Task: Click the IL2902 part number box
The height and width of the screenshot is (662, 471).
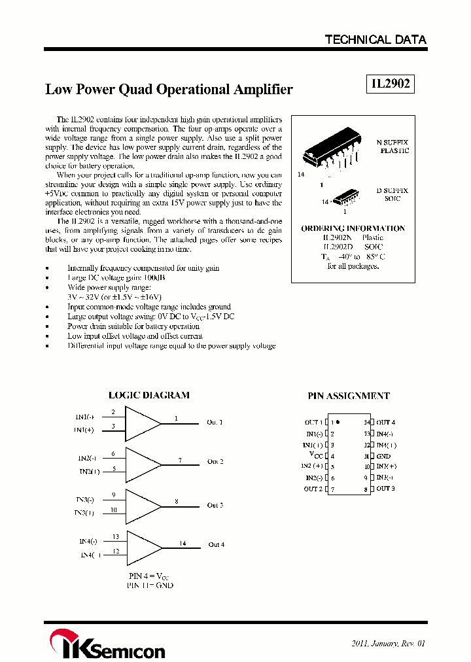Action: tap(389, 84)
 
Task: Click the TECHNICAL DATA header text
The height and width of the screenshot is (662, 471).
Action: tap(375, 40)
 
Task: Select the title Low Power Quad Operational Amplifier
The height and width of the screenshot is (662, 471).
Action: tap(169, 90)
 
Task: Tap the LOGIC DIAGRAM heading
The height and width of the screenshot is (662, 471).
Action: tap(148, 395)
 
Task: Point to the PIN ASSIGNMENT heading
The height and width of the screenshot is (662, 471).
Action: tap(348, 396)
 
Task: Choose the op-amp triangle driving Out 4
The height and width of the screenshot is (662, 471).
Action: tap(142, 545)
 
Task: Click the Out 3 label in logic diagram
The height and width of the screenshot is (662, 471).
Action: tap(215, 505)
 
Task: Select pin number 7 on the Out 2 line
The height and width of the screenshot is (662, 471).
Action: tap(180, 461)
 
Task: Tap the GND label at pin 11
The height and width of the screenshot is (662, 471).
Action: tap(383, 456)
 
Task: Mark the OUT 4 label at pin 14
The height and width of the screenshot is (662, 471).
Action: tap(385, 423)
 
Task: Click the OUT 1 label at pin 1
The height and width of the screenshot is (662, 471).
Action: tap(313, 423)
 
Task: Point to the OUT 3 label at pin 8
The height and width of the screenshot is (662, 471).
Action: tap(385, 489)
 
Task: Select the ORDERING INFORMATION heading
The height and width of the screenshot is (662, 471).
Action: tap(353, 228)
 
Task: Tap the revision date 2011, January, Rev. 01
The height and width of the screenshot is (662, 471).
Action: tap(388, 643)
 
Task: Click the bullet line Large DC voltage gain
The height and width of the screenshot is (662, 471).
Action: tap(116, 278)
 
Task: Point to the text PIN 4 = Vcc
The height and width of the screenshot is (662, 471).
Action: tap(150, 576)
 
